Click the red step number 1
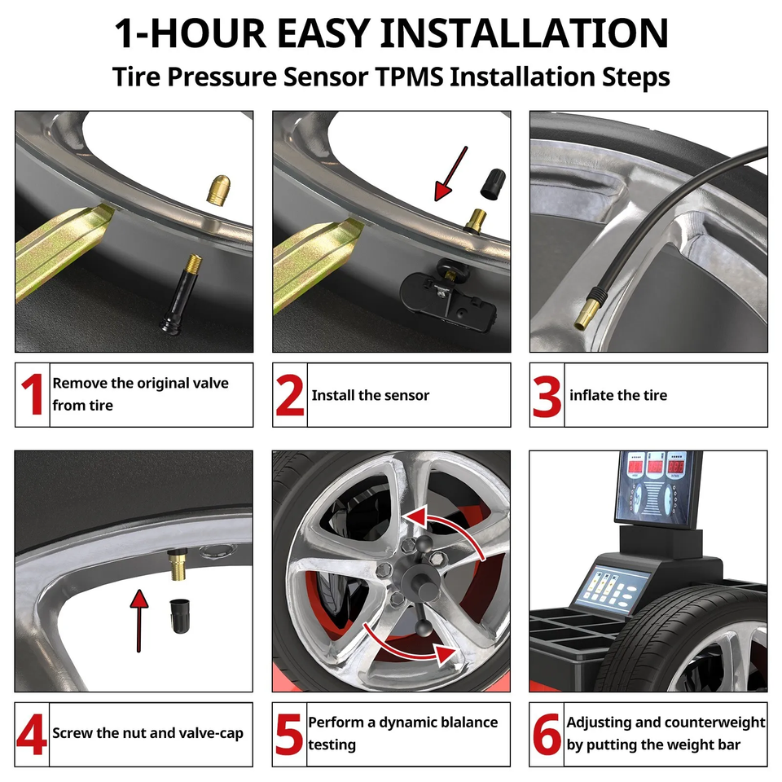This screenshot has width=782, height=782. (33, 394)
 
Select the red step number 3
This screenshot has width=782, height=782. (547, 396)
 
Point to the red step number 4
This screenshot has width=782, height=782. (32, 734)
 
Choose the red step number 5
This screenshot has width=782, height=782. (289, 734)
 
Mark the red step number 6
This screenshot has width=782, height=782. (547, 734)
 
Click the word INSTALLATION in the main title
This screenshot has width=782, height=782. (524, 33)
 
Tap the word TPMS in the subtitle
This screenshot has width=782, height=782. (409, 77)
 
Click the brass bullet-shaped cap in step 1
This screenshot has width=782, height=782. (218, 190)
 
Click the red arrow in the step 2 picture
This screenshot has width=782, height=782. (450, 173)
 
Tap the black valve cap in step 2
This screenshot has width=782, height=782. (493, 184)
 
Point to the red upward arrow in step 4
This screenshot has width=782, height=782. (139, 621)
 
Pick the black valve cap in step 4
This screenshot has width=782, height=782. (179, 616)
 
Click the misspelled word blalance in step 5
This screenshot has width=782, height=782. (466, 723)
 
